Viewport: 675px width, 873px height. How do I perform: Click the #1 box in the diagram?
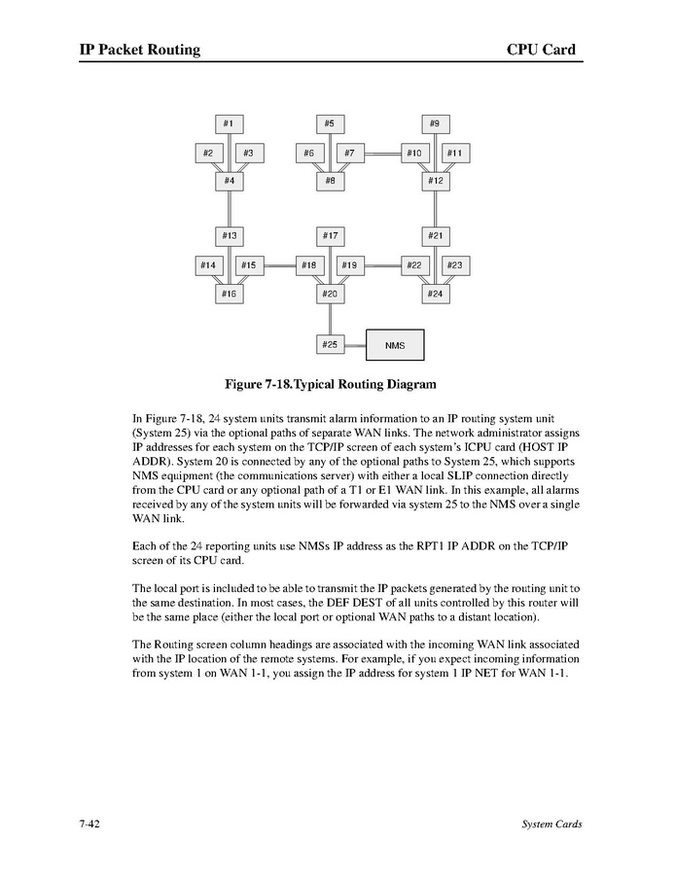229,124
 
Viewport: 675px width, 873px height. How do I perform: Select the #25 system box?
331,344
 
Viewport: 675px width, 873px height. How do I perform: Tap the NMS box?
395,345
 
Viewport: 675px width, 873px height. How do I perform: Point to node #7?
350,154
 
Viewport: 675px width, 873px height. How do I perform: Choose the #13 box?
229,235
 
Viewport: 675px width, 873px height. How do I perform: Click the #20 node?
331,293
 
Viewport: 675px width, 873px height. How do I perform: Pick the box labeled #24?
435,293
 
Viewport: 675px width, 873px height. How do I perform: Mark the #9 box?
435,124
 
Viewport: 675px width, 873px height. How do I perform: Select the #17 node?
331,235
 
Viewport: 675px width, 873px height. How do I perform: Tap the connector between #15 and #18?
278,264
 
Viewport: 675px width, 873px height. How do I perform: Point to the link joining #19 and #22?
382,264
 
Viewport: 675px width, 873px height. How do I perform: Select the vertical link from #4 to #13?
229,208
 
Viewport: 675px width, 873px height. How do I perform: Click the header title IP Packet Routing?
140,50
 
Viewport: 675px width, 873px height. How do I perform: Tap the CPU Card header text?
541,50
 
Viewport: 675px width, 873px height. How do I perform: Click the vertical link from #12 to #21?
435,208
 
